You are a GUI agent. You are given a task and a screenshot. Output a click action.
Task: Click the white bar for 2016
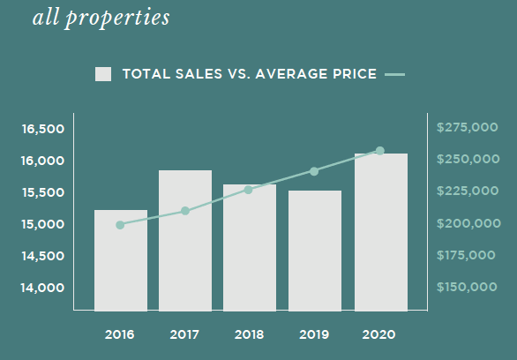pos(121,260)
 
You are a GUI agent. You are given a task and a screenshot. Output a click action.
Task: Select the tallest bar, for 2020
pos(381,232)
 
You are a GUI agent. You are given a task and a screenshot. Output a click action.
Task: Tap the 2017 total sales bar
pos(185,241)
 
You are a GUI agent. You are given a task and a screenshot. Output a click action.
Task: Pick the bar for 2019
pos(315,251)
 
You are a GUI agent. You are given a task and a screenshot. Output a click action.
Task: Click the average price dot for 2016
pos(120,225)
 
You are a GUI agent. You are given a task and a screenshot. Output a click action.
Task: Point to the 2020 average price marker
pos(380,151)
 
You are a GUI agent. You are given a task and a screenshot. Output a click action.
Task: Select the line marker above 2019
pos(314,171)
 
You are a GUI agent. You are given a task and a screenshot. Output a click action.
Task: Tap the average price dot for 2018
pos(248,190)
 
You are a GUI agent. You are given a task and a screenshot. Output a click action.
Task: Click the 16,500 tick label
pos(43,129)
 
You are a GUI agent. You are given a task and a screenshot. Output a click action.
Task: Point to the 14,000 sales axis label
pos(42,288)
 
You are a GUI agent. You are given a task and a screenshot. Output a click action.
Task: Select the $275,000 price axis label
pos(468,127)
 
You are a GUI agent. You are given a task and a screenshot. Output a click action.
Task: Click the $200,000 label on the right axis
pos(468,223)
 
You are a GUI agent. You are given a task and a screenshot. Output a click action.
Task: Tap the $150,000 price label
pos(467,287)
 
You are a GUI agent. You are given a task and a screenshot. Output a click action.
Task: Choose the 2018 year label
pos(250,335)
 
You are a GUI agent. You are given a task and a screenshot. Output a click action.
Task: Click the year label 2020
pos(378,335)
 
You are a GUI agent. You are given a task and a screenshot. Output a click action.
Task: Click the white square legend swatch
pos(103,74)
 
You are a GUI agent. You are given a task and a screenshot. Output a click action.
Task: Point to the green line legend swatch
pos(394,75)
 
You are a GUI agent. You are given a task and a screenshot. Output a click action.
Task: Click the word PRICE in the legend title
pos(355,74)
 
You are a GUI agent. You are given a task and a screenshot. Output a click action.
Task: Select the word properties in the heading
pos(117,19)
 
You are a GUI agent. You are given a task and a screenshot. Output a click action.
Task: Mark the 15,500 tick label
pos(43,192)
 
